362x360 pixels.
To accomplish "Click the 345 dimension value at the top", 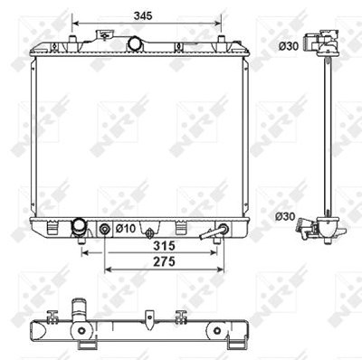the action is pos(143,15).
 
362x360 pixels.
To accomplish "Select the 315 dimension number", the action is pos(164,246).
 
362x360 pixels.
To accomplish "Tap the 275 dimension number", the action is pos(164,261).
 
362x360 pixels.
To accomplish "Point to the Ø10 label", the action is pos(126,229).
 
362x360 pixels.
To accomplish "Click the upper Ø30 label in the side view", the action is pos(289,46).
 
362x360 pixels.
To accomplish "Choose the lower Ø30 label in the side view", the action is pos(285,217).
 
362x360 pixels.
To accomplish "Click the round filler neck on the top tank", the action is pos(135,43).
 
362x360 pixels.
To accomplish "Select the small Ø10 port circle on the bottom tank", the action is pos(104,229).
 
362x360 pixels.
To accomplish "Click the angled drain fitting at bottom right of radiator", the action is pos(214,232).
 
